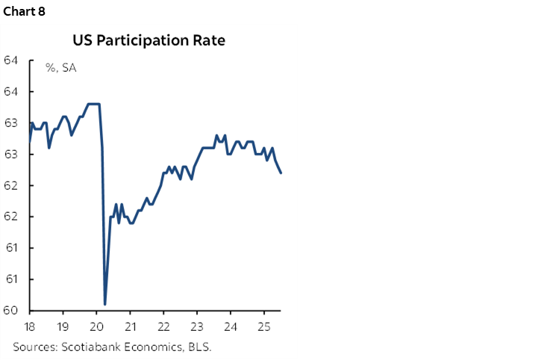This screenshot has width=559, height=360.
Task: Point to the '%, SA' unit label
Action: [60, 68]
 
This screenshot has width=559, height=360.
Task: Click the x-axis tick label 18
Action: [30, 327]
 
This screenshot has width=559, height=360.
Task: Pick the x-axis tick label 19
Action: [63, 327]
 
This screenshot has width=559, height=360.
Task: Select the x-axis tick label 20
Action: [96, 327]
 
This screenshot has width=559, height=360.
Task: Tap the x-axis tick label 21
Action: [130, 327]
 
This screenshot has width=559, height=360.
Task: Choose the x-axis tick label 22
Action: [163, 327]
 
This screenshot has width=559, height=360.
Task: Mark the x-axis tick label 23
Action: [196, 327]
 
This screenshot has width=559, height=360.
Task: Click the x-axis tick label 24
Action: [230, 327]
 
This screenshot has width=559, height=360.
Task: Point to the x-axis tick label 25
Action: [263, 327]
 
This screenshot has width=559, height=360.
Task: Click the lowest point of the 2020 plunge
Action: [105, 304]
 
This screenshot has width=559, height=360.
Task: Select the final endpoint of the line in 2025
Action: [281, 173]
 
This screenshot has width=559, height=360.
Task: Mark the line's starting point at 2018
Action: [30, 141]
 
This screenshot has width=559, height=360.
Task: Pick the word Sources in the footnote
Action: [35, 347]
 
